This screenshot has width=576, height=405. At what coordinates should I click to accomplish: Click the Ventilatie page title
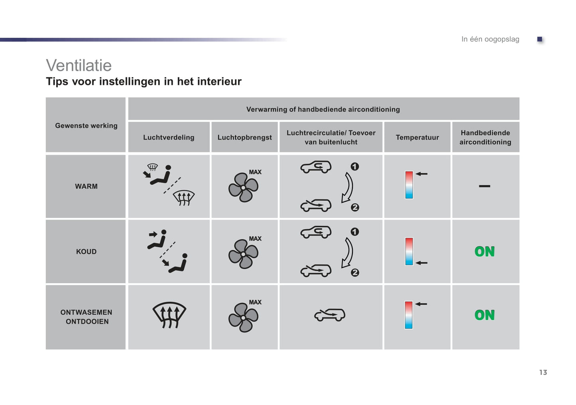[79, 66]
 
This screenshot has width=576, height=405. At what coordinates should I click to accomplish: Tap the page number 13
[543, 372]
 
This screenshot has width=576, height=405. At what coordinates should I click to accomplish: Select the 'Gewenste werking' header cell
[86, 125]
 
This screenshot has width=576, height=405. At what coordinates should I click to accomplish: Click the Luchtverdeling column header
[169, 137]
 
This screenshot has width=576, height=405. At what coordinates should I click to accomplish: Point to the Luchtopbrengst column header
[244, 137]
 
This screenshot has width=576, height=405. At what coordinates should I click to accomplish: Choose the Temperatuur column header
[417, 137]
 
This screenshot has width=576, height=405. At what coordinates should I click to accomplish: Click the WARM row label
[86, 186]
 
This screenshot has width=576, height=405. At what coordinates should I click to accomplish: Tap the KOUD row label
[86, 251]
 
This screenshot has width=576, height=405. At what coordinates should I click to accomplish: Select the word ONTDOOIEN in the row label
[87, 321]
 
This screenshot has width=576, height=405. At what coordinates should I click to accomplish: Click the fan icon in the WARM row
[243, 187]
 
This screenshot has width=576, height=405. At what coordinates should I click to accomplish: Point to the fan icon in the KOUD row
[243, 254]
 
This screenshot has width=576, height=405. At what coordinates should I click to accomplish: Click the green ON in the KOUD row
[484, 251]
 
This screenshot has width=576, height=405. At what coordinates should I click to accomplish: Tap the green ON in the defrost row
[484, 315]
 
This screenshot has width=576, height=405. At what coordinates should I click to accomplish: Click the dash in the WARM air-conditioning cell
[484, 186]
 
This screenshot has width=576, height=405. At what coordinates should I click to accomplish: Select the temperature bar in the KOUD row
[409, 251]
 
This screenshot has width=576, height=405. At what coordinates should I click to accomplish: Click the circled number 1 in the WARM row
[355, 167]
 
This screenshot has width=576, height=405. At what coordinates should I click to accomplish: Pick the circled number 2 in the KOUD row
[355, 273]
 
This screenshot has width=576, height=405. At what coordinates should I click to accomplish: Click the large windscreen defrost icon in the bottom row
[169, 315]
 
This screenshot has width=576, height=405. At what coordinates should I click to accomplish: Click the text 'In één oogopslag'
[490, 39]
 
